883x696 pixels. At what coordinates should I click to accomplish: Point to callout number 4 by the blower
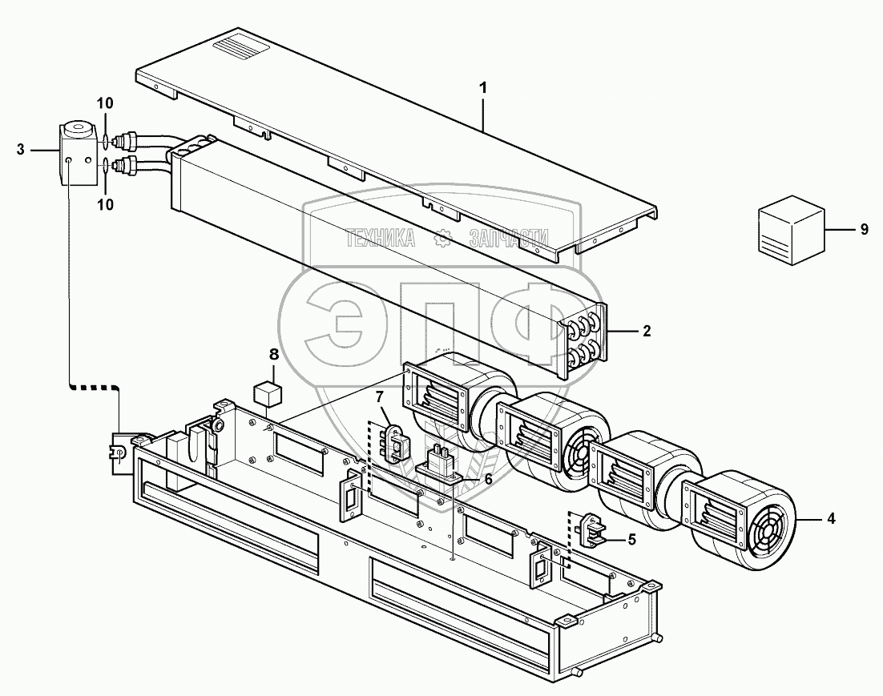[x=831, y=518]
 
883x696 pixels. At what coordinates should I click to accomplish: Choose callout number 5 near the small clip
[x=631, y=539]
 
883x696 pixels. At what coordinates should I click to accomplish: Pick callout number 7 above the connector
[x=380, y=397]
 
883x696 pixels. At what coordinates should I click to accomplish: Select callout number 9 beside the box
[x=864, y=229]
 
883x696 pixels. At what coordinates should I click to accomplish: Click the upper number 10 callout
[x=106, y=103]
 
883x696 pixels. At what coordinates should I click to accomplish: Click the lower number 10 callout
[x=106, y=205]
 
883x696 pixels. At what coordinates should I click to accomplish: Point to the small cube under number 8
[x=266, y=394]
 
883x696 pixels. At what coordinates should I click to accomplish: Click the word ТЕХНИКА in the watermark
[x=381, y=238]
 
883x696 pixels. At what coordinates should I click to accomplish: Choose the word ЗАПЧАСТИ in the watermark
[x=507, y=238]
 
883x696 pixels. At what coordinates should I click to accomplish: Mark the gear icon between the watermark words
[x=441, y=238]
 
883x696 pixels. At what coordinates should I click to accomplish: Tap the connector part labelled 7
[x=395, y=443]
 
